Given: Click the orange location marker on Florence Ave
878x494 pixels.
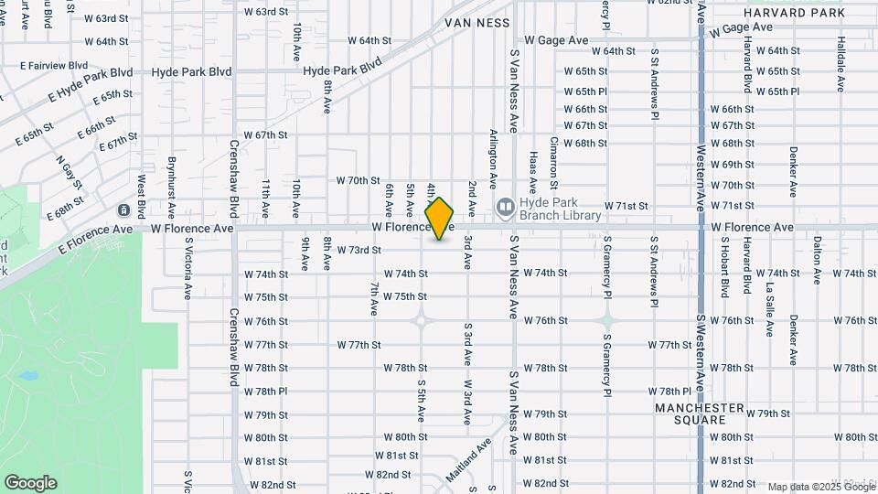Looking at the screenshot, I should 440,218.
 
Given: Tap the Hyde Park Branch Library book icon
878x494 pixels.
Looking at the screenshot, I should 504,209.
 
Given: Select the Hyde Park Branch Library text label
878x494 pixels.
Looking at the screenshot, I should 560,209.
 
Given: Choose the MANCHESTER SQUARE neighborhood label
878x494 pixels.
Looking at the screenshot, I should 701,413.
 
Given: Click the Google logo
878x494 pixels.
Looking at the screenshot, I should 30,482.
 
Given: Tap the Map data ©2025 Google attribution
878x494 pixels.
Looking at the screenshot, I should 820,487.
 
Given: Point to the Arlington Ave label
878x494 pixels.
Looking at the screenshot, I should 494,158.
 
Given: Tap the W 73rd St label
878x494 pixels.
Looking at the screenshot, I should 359,250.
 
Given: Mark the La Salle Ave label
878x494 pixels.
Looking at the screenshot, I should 770,297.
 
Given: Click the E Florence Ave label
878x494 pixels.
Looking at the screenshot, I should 96,240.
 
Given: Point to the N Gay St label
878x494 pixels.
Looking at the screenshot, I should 70,172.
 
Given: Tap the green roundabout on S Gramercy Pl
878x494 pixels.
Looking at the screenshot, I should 606,320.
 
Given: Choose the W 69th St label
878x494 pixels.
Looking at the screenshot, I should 732,165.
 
